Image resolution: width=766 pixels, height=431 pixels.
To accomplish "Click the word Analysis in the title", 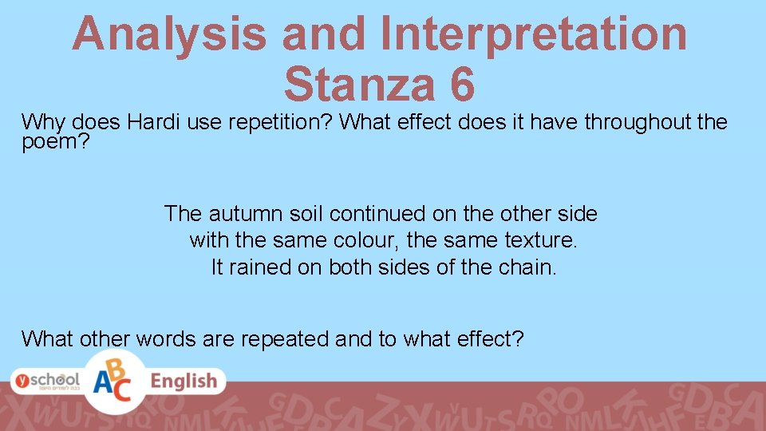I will [169, 34].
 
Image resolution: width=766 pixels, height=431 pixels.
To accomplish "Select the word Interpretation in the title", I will [535, 34].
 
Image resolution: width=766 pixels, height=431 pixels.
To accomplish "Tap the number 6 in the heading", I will [460, 85].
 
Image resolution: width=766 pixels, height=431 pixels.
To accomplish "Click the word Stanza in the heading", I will [357, 85].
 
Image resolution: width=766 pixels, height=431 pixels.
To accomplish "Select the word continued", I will [377, 214].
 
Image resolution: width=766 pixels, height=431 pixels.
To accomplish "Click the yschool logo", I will [45, 382].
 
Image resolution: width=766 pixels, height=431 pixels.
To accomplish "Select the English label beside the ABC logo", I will [184, 382].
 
